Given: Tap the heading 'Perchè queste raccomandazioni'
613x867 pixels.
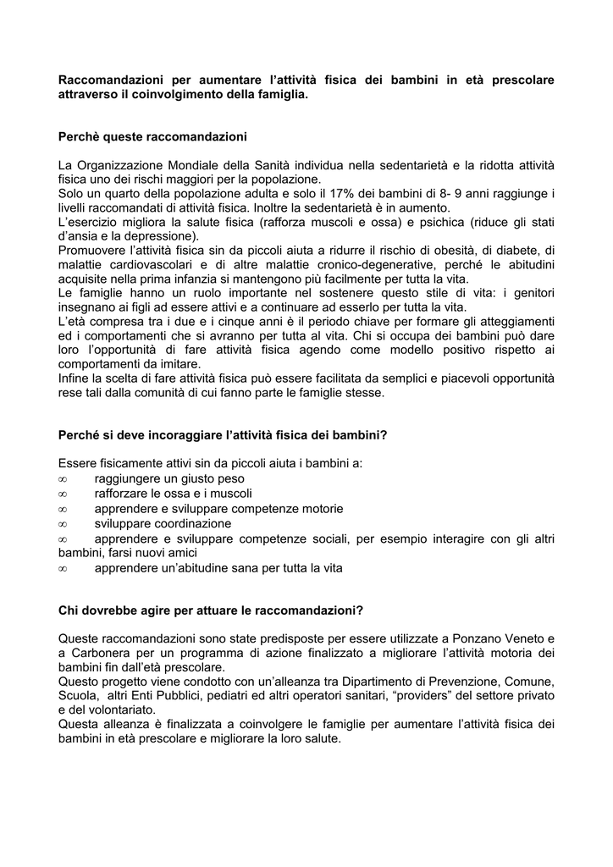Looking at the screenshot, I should [152, 135].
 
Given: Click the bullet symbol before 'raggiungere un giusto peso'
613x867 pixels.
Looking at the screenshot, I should [64, 479].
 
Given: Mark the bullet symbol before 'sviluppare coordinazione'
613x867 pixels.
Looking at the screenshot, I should [64, 523].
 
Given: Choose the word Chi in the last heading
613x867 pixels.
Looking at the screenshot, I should [69, 610].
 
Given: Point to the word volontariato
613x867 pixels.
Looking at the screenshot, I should [117, 710].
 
